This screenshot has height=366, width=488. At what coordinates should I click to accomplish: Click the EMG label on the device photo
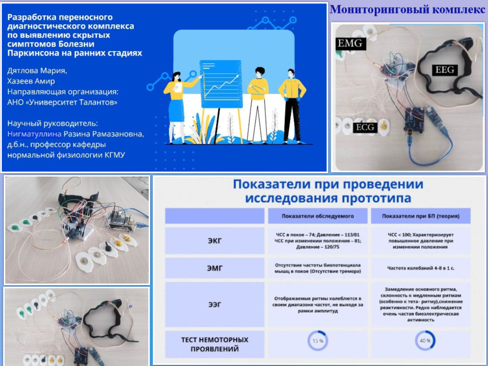350,44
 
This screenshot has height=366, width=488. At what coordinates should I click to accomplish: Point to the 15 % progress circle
317,341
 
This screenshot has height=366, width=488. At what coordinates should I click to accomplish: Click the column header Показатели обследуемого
317,216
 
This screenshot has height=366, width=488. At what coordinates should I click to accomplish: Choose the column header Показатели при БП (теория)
421,216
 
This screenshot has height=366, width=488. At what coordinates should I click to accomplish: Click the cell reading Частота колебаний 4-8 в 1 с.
421,268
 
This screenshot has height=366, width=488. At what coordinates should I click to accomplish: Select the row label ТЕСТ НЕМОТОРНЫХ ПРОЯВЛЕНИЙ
214,344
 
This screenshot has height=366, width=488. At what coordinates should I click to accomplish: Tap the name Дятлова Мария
37,71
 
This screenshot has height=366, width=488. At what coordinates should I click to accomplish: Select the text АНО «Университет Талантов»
62,102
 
